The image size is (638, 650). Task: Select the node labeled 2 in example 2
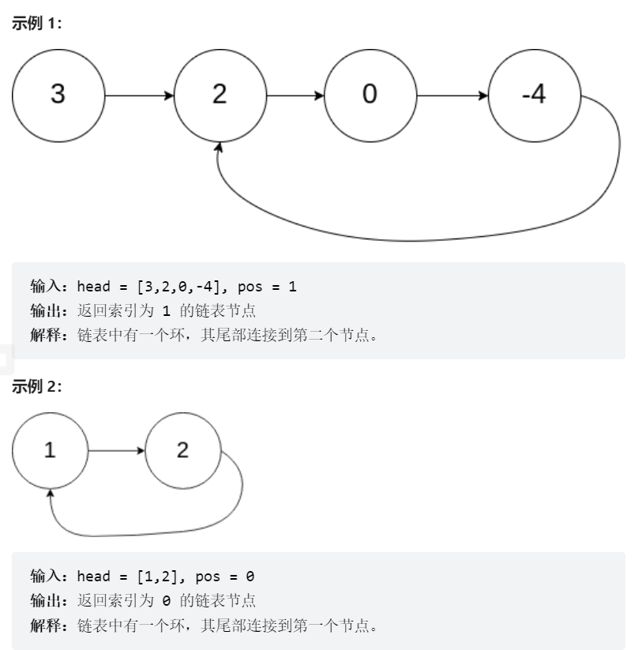tap(183, 451)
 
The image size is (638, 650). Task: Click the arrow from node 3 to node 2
tap(139, 96)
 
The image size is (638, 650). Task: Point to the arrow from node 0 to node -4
tap(452, 96)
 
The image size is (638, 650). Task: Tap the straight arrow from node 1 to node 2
tap(117, 451)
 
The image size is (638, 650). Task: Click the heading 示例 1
tap(36, 24)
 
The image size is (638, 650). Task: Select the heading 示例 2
tap(36, 386)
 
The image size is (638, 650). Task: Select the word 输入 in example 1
tap(46, 287)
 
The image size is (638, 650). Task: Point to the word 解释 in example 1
tap(46, 336)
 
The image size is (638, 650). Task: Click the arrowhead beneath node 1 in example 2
tap(51, 494)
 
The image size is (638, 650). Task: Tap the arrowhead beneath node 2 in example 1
tap(220, 147)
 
